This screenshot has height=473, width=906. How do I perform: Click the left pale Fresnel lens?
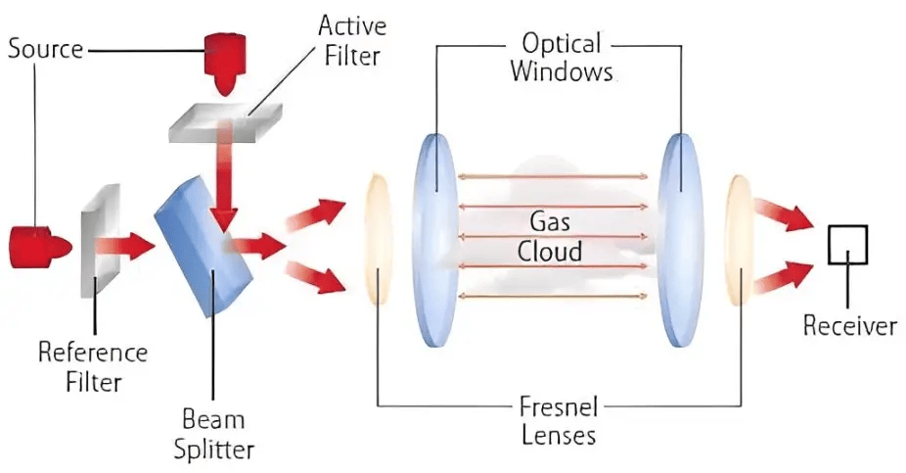(x=378, y=239)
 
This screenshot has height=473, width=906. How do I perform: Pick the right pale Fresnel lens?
(x=738, y=239)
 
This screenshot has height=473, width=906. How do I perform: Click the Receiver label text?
(x=849, y=326)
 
